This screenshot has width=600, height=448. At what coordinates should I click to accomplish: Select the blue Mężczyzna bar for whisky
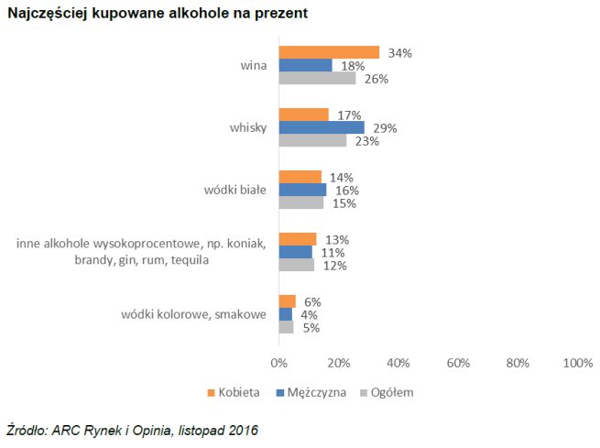(322, 127)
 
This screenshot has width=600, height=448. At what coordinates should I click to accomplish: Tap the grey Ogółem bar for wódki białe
(300, 202)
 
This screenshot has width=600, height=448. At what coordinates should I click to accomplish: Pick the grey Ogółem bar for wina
(317, 78)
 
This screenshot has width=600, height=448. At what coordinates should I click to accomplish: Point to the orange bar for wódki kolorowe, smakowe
(287, 301)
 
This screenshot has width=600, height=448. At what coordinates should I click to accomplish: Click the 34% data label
(400, 53)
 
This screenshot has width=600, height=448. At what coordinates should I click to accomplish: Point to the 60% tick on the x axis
(458, 363)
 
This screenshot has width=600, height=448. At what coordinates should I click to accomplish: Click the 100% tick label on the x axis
(578, 363)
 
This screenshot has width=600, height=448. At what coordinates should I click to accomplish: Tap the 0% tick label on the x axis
(278, 363)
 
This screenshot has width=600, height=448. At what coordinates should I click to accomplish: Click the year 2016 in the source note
(243, 430)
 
